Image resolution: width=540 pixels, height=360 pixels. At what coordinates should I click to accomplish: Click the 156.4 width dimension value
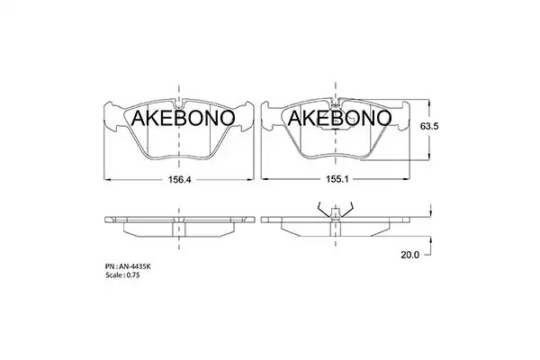pyautogui.click(x=179, y=179)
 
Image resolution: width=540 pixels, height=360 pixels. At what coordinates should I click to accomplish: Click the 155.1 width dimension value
pyautogui.click(x=337, y=179)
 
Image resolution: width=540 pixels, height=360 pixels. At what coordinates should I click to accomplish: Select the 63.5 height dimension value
pyautogui.click(x=429, y=126)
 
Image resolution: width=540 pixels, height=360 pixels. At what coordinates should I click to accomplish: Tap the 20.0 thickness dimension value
pyautogui.click(x=410, y=255)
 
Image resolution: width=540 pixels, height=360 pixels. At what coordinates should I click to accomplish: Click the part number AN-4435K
pyautogui.click(x=135, y=266)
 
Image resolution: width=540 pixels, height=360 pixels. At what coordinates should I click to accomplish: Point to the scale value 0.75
pyautogui.click(x=133, y=275)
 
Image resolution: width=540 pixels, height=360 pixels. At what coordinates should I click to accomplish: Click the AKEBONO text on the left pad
pyautogui.click(x=183, y=118)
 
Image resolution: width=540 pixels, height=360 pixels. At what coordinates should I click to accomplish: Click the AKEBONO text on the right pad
pyautogui.click(x=339, y=118)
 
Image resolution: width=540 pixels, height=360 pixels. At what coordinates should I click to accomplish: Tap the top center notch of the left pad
pyautogui.click(x=178, y=103)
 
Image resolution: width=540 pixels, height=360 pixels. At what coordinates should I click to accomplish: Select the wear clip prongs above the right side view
pyautogui.click(x=336, y=209)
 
